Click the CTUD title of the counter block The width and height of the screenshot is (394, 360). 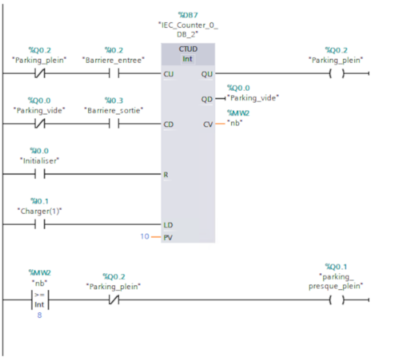[x=188, y=49]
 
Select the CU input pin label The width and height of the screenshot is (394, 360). [x=168, y=74]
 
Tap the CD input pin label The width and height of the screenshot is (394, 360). [x=168, y=124]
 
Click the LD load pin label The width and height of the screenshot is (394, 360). [x=168, y=225]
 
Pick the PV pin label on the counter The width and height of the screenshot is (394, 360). [x=168, y=237]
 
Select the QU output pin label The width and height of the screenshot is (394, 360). [x=207, y=74]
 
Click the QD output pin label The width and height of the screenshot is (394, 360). [x=207, y=99]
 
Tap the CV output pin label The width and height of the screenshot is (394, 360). [x=207, y=124]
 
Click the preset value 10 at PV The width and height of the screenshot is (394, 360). [x=144, y=236]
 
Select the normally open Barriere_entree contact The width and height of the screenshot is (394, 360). [x=114, y=74]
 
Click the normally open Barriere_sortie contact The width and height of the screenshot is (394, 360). [x=114, y=124]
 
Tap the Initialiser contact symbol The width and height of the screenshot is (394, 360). [x=39, y=174]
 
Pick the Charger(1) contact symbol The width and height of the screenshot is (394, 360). [x=39, y=225]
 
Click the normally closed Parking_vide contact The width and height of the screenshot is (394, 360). [x=39, y=124]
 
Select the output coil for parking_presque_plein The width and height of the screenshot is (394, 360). [x=336, y=300]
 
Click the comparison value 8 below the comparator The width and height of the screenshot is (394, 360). [x=39, y=316]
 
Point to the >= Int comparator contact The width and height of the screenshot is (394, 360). [x=39, y=300]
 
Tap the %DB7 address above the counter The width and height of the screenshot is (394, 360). [x=188, y=15]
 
